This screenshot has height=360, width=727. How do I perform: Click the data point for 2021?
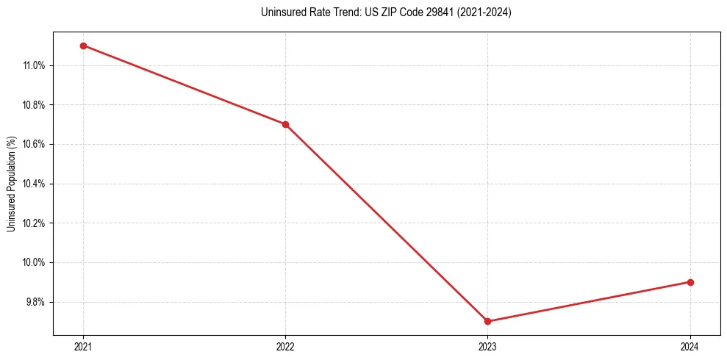[x=83, y=46]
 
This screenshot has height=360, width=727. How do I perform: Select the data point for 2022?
[x=285, y=124]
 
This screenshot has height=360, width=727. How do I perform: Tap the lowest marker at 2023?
[x=488, y=321]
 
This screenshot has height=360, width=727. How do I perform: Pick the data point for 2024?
[x=690, y=282]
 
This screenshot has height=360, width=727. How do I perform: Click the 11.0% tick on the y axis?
[x=34, y=65]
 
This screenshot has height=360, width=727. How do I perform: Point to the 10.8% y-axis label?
[x=34, y=105]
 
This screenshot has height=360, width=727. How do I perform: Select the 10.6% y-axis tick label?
[x=34, y=144]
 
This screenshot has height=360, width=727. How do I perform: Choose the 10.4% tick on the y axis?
[x=34, y=184]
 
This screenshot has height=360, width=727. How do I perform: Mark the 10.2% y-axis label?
[x=34, y=223]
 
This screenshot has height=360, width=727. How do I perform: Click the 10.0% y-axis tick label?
[x=34, y=262]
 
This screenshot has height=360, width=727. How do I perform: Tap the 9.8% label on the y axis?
[x=35, y=302]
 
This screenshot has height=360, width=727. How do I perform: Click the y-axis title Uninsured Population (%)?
[x=11, y=184]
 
